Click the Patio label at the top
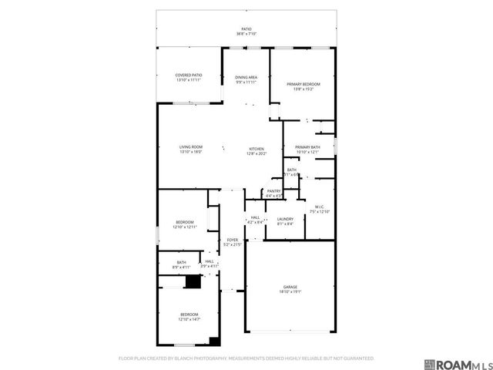246,29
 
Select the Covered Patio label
189,76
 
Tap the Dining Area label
246,77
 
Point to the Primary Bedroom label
303,83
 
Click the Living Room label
190,147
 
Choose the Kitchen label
256,149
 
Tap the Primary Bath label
307,147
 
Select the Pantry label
273,191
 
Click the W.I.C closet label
319,207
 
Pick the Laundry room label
284,219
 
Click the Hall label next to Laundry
255,218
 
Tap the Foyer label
232,240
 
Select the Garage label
290,287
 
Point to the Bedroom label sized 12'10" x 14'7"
189,314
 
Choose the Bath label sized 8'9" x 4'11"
181,262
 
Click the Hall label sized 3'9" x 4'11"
210,262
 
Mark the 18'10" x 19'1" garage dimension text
290,292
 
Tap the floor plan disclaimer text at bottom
246,358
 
